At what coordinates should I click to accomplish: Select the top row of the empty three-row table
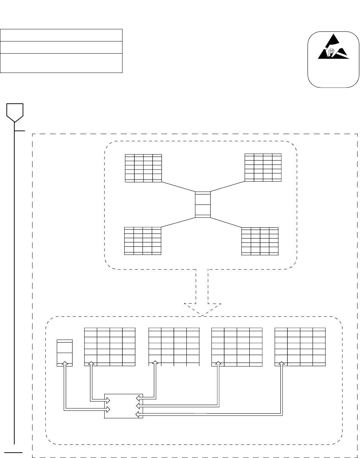61,35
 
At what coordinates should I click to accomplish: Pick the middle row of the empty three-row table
61,47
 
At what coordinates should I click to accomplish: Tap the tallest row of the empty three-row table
61,63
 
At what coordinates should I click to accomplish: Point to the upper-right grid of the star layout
263,167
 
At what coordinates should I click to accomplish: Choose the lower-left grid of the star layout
142,241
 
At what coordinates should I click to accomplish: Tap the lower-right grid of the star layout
260,241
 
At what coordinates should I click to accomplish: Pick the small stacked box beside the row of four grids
65,353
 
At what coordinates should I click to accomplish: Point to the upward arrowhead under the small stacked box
65,364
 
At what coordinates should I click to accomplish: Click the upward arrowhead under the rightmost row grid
282,364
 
